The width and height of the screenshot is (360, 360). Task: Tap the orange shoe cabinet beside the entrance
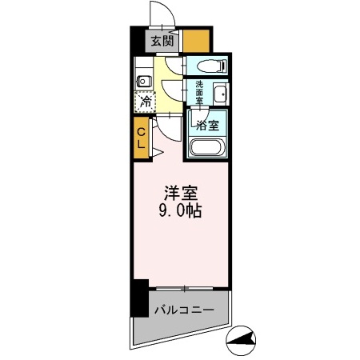(198, 40)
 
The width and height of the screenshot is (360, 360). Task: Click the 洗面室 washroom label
(198, 93)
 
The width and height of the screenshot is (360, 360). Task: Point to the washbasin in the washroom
(220, 94)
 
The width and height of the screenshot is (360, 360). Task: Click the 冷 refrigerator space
(146, 102)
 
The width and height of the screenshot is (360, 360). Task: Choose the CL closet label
(140, 138)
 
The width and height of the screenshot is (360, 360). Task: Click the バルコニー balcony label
(183, 308)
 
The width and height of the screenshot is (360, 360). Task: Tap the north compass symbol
(244, 342)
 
